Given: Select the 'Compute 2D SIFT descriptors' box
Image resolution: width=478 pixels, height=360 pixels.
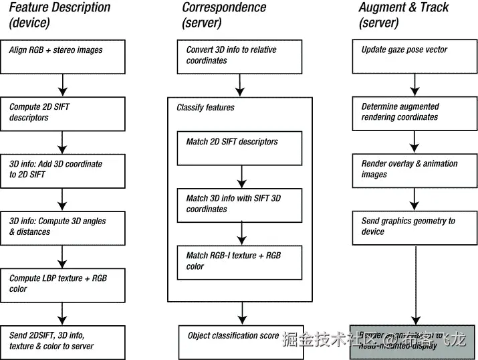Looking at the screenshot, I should [65, 113].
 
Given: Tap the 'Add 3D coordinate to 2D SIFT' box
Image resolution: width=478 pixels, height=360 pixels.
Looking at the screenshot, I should [65, 170].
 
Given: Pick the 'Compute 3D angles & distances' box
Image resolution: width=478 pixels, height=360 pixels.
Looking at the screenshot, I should [65, 228].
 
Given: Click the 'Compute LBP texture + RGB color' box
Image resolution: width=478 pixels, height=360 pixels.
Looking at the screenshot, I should [65, 284].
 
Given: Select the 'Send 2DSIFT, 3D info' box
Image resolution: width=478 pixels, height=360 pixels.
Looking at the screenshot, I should [65, 341].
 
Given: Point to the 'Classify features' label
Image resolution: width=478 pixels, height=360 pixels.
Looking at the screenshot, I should [205, 107].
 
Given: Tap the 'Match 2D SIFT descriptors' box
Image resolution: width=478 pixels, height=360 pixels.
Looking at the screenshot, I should [239, 148].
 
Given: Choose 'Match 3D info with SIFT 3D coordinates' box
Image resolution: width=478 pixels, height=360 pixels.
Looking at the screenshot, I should [239, 205].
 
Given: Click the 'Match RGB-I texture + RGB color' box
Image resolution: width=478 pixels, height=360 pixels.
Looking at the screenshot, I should [239, 262].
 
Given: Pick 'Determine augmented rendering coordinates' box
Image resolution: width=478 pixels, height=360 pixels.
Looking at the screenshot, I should [412, 113].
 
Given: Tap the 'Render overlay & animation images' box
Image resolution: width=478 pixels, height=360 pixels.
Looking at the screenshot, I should [412, 170].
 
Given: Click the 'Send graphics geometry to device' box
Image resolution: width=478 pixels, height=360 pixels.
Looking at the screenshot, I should [412, 228].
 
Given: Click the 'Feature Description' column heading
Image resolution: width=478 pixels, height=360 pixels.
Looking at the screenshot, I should [59, 8].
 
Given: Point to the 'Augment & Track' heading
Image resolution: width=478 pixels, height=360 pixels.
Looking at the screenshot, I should [404, 8].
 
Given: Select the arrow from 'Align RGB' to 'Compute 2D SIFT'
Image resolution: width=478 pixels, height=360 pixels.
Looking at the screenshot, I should [62, 85].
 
